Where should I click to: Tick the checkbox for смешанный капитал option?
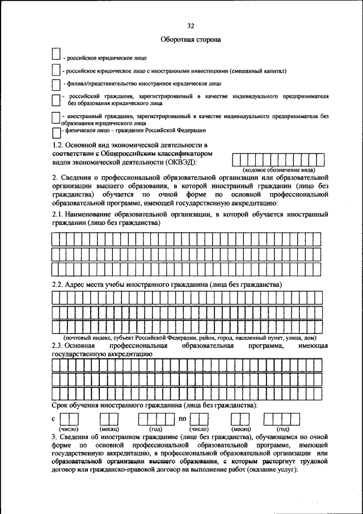(x=56, y=70)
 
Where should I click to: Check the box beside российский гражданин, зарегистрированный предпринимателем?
(x=56, y=101)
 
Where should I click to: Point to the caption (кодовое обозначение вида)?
(x=280, y=170)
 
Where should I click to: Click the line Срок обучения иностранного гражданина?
(x=154, y=405)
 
